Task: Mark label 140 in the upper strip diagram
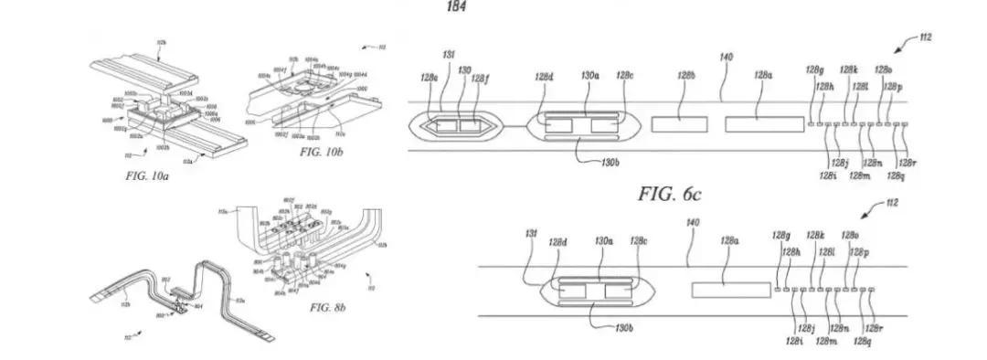coord(726,58)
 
